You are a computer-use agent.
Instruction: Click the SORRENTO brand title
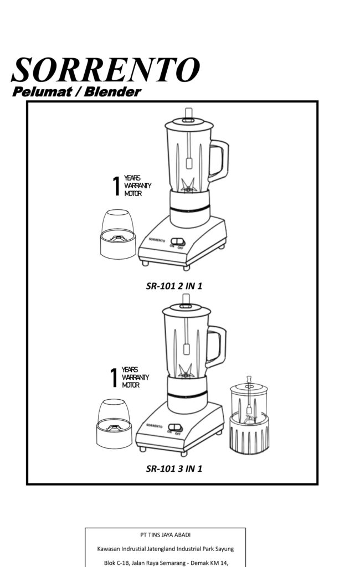pos(106,70)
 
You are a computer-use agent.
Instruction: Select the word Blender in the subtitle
pos(112,92)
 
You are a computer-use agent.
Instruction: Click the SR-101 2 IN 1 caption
pos(174,286)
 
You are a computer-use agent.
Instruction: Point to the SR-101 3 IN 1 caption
pos(174,468)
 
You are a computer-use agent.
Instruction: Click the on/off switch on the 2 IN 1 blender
pos(178,241)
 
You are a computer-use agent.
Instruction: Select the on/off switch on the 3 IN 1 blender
pos(175,427)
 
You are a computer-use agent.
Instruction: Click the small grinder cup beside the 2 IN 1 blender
pos(117,234)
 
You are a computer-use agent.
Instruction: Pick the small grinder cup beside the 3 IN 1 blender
pos(114,424)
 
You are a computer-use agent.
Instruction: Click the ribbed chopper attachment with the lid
pos(249,416)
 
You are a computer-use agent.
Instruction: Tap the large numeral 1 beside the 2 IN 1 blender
pos(116,186)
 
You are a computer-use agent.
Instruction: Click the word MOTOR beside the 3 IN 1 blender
pos(131,385)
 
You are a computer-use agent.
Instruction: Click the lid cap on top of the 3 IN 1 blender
pos(186,301)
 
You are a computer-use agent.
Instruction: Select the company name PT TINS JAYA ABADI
pos(166,535)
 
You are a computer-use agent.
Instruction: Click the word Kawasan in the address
pos(107,549)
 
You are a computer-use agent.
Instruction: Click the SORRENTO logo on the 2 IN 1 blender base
pos(157,240)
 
